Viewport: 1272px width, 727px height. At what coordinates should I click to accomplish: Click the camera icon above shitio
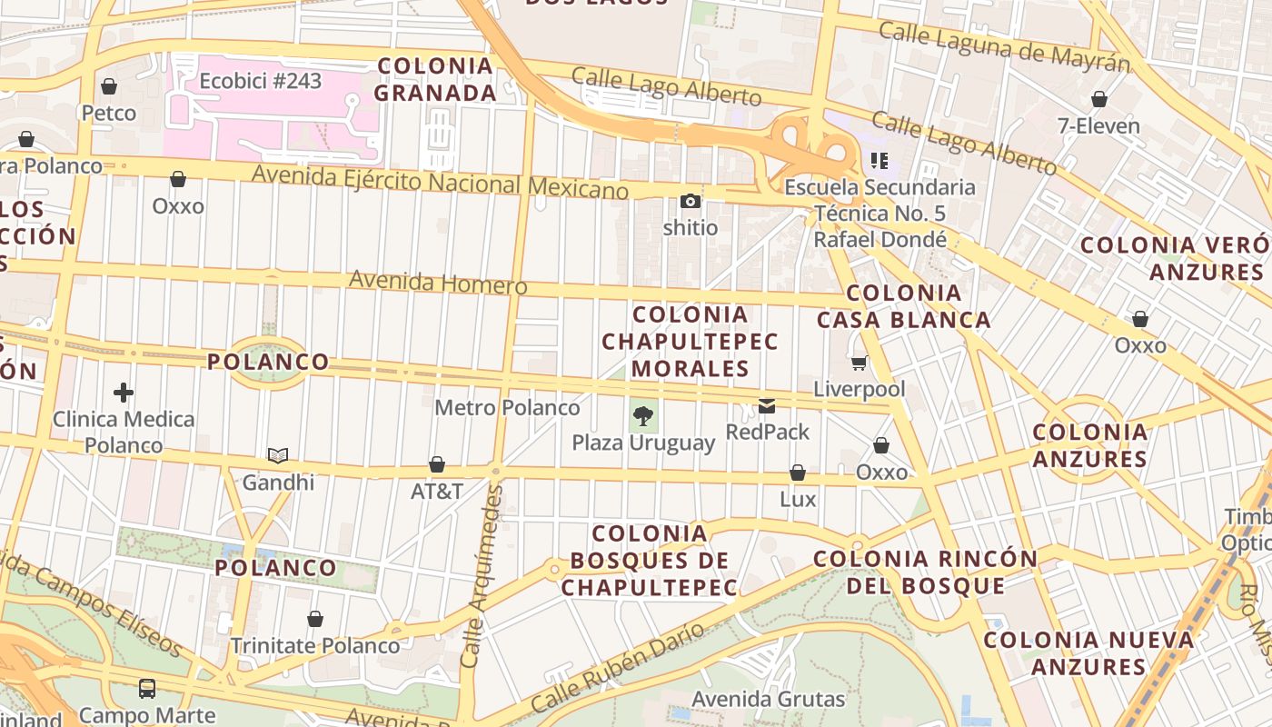point(691,202)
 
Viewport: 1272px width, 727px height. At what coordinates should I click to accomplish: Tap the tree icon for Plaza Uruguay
point(643,416)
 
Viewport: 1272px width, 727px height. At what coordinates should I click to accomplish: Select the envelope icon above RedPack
point(768,406)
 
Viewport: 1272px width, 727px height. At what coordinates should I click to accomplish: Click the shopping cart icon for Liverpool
point(859,363)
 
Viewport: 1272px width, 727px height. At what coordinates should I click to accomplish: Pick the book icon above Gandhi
point(278,455)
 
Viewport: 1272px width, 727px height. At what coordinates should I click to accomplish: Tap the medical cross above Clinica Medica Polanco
point(124,393)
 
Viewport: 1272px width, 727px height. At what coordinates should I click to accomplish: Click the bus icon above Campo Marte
point(147,688)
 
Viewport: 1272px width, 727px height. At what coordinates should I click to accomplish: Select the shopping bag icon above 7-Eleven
point(1099,99)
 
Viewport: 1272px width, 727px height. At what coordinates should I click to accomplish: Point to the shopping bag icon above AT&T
point(437,465)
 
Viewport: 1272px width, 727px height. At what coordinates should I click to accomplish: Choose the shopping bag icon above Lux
point(798,473)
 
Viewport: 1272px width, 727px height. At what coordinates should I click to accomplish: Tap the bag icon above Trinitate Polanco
point(315,620)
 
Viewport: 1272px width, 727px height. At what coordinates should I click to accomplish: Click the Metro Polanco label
point(507,408)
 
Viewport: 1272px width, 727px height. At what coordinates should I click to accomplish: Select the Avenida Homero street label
point(438,282)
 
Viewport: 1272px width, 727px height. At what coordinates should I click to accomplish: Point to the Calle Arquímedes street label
point(482,576)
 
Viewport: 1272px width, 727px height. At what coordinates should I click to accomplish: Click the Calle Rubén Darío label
point(617,667)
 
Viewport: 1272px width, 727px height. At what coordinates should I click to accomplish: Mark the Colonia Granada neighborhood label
point(435,79)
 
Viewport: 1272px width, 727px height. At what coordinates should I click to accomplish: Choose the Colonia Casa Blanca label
point(903,306)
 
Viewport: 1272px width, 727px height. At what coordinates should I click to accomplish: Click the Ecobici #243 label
point(261,81)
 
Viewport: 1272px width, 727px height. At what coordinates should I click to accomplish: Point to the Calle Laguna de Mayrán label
point(1004,45)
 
